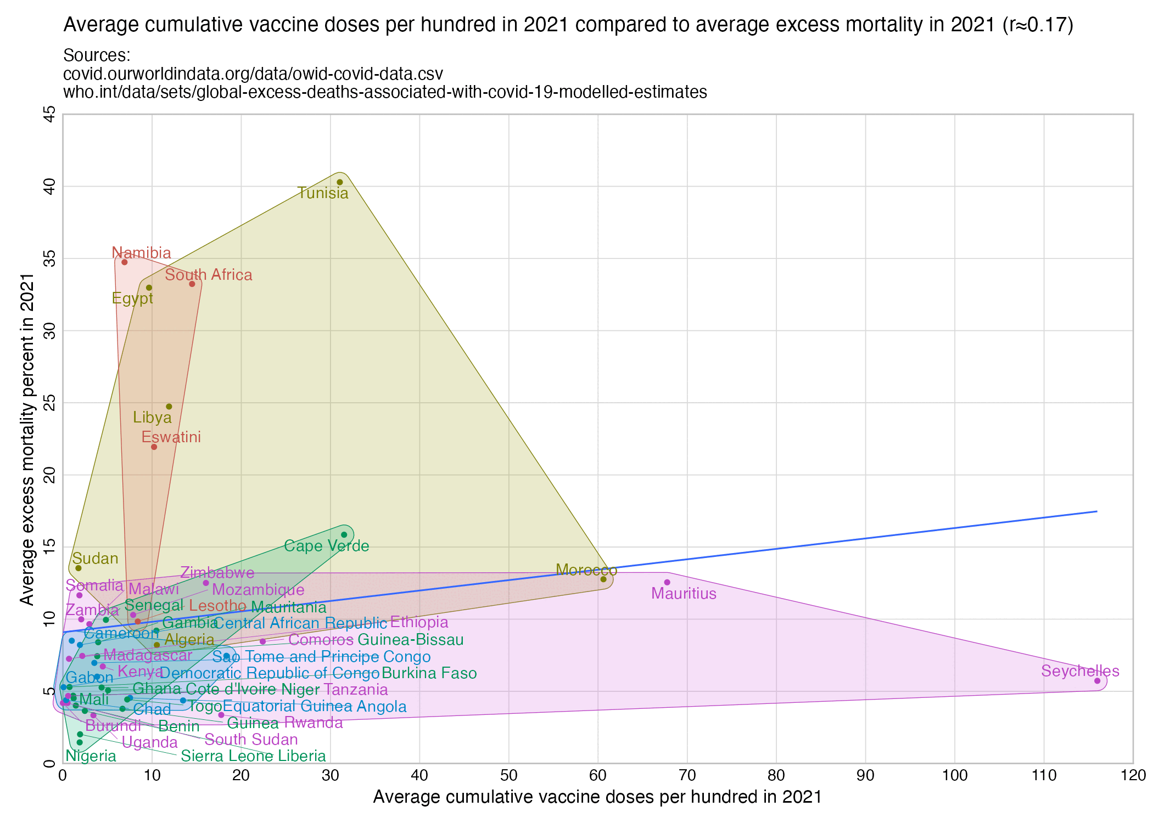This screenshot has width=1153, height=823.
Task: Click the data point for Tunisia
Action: (x=339, y=182)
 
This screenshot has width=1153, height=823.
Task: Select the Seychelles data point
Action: (x=1097, y=681)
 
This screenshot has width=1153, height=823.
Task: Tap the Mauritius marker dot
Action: (x=667, y=582)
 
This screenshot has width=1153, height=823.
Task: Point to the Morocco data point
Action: (x=603, y=579)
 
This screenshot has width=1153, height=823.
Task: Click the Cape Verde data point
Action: (x=344, y=534)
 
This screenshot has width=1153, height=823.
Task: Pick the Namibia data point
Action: (x=125, y=262)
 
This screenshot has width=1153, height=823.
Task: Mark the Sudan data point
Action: (x=79, y=568)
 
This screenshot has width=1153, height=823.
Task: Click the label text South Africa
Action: (x=209, y=275)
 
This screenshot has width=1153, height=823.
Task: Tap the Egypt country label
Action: (x=132, y=298)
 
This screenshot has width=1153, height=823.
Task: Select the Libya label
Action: (x=152, y=418)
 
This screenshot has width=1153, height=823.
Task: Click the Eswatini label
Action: (x=171, y=437)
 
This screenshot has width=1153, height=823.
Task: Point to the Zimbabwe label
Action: (x=217, y=573)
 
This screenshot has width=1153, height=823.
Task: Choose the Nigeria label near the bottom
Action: (x=91, y=756)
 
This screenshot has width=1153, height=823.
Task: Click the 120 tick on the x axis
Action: (x=1133, y=775)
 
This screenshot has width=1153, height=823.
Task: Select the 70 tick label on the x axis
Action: (x=687, y=775)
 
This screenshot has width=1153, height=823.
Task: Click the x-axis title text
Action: (x=597, y=797)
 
